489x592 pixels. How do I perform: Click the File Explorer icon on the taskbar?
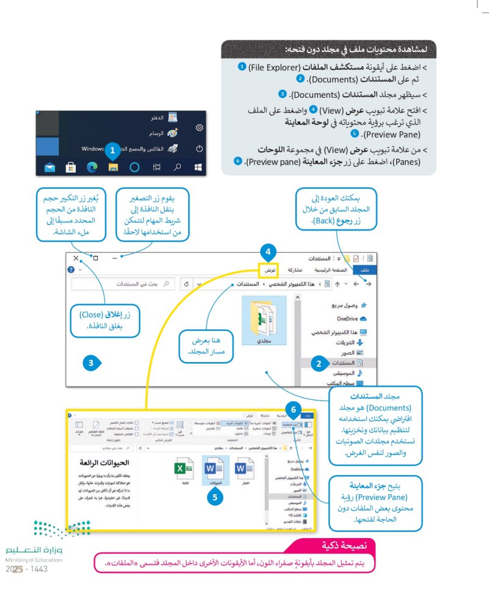113,166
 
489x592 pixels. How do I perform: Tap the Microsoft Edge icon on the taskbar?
92,166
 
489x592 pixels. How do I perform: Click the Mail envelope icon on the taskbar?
50,166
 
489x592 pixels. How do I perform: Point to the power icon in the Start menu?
199,149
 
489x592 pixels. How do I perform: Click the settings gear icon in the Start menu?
199,127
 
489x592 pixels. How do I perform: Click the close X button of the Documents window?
75,259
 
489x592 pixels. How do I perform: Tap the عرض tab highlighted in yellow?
269,269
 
